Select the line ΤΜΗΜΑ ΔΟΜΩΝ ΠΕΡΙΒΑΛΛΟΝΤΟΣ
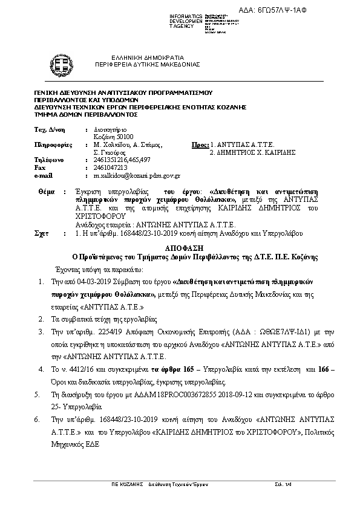coord(87,114)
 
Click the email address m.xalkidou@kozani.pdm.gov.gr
coord(137,175)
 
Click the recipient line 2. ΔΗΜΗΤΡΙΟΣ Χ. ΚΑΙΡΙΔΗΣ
coord(252,153)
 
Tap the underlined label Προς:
coord(199,145)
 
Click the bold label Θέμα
coord(46,190)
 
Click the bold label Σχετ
coord(42,232)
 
